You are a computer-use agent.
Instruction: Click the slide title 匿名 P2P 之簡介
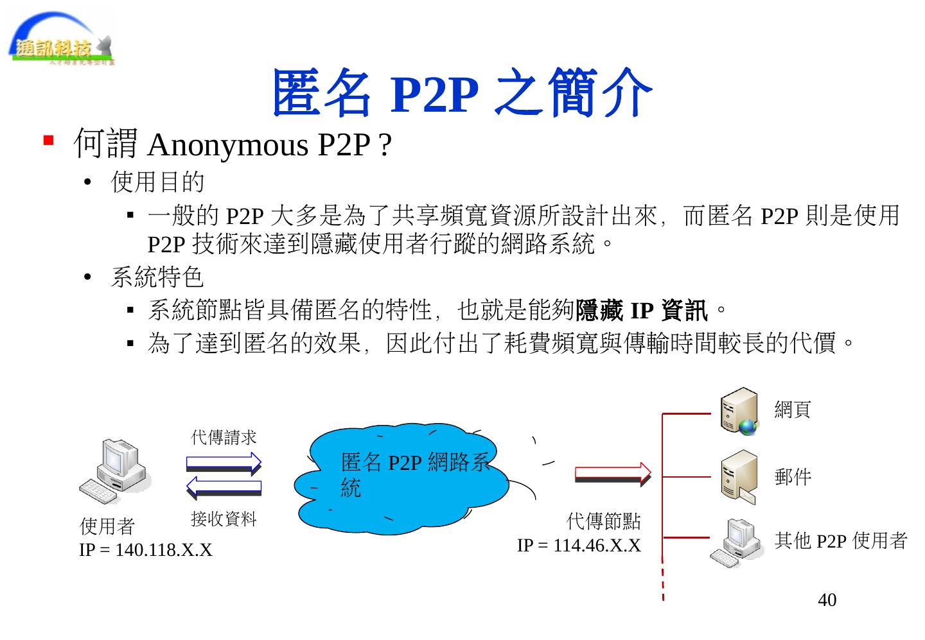462,94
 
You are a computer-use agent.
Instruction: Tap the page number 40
827,600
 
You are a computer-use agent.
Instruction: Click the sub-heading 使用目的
157,182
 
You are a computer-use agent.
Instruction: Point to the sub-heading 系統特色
157,277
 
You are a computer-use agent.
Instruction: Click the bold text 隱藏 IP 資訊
641,311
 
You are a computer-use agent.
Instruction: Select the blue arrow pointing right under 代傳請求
224,462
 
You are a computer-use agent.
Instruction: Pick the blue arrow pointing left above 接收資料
224,489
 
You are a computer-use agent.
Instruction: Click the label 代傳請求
224,438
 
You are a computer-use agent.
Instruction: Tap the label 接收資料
224,519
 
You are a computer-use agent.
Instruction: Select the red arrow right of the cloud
612,474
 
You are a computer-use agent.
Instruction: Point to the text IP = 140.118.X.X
145,551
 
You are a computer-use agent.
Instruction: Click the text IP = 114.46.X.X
579,546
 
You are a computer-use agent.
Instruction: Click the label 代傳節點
603,521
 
